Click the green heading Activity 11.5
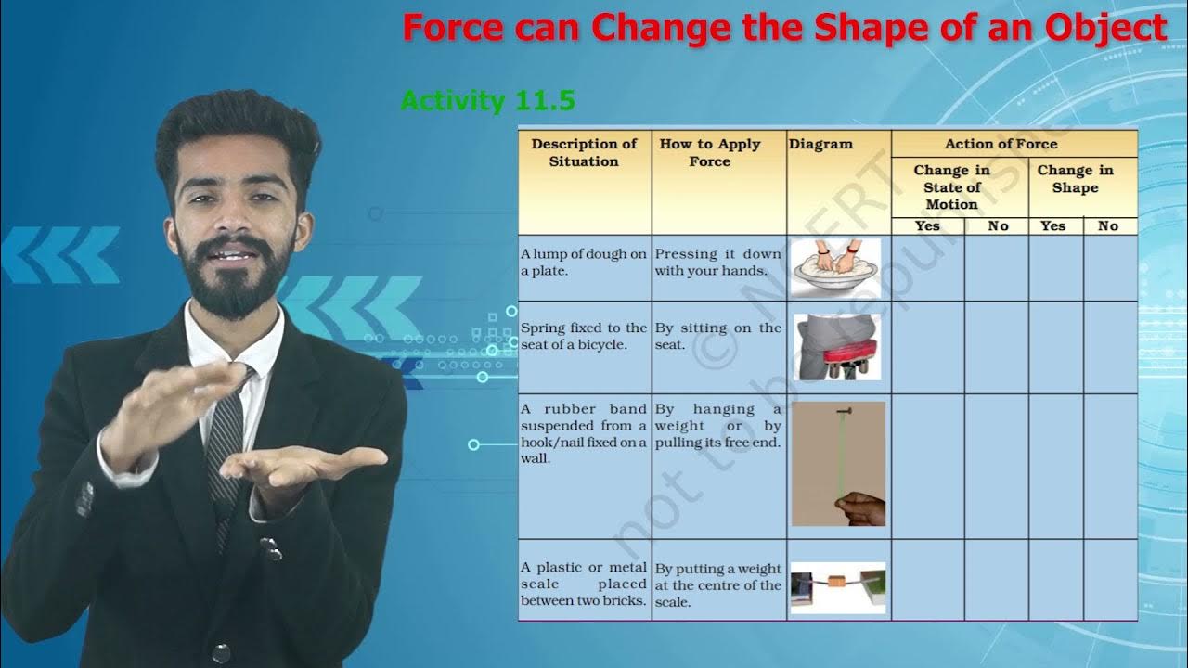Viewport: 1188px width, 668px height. click(x=487, y=100)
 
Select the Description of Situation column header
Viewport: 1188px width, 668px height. click(x=584, y=153)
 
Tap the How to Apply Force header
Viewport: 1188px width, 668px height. click(x=710, y=153)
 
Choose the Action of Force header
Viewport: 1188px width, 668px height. click(x=1001, y=144)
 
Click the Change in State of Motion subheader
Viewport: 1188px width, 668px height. click(x=951, y=186)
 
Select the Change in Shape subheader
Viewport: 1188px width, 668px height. click(x=1075, y=178)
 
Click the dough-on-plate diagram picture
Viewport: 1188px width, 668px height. click(x=836, y=267)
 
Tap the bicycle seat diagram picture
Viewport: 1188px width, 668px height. click(x=836, y=347)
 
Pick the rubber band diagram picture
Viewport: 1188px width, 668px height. click(x=838, y=464)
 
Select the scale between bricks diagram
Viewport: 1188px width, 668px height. click(x=838, y=587)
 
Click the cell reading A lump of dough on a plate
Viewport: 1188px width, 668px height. click(x=584, y=263)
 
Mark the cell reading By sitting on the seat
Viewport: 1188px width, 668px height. click(x=717, y=336)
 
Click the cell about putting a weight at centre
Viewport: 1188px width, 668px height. click(x=717, y=585)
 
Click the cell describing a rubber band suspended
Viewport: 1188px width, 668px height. click(x=584, y=434)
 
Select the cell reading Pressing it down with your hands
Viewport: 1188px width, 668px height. click(x=717, y=263)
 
